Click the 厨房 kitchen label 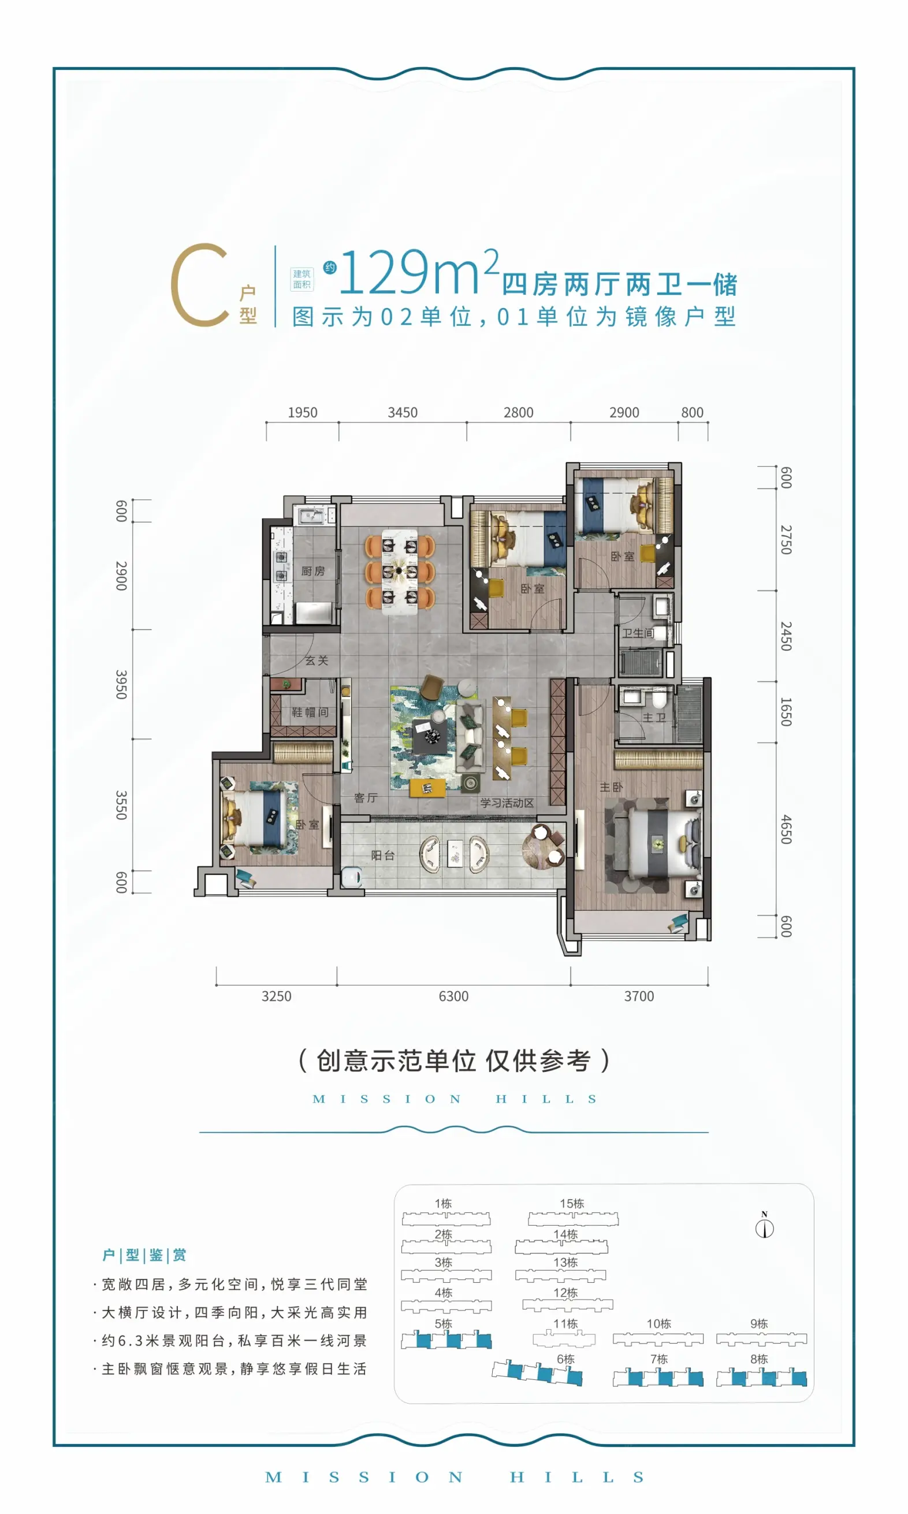pos(312,571)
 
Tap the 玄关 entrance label pos(317,660)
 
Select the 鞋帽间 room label pos(310,713)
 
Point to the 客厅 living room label pos(365,798)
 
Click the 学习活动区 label pos(507,803)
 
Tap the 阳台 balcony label pos(383,856)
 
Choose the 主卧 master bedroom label pos(611,787)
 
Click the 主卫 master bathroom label pos(654,717)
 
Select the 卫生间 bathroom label pos(638,633)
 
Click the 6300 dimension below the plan pos(453,996)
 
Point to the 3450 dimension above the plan pos(403,413)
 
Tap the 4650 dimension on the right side pos(786,830)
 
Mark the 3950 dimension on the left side pos(121,685)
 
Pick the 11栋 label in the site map pos(565,1324)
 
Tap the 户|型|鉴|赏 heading pos(144,1255)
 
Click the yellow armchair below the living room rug pos(427,788)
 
